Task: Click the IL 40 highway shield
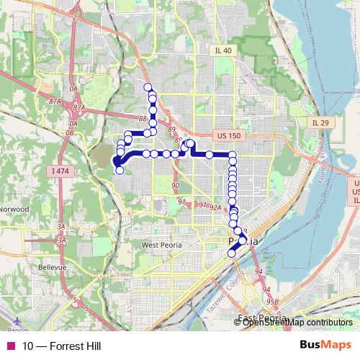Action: coord(223,50)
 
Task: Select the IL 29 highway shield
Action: coord(320,124)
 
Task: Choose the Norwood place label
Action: coord(14,209)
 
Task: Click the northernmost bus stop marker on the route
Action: coord(148,88)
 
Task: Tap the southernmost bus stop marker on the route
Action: coord(231,253)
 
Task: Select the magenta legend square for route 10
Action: coord(9,346)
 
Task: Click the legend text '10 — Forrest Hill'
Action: coord(61,346)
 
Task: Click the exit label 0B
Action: coord(69,133)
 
